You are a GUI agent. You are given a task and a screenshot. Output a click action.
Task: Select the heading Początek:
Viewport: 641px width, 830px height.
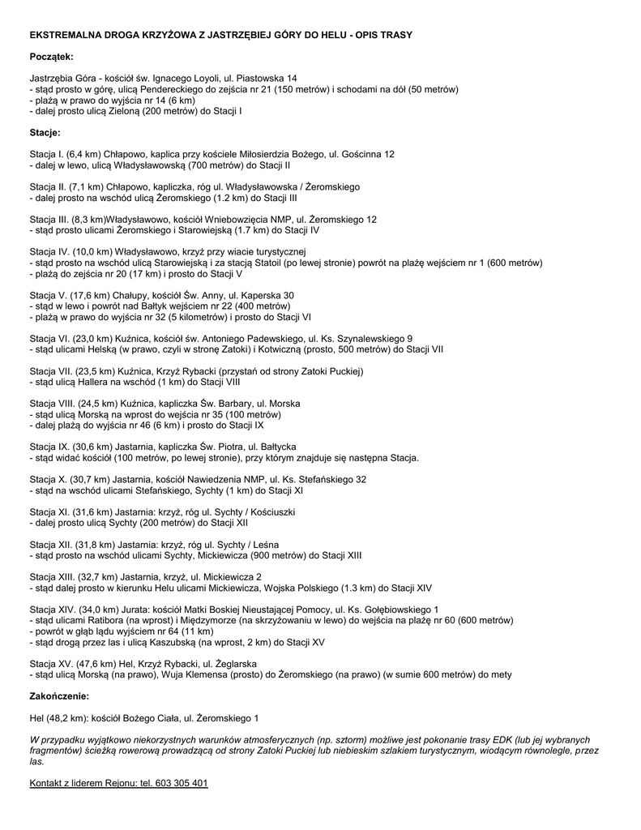51,57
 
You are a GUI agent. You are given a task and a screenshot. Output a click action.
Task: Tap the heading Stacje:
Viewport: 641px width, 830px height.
45,132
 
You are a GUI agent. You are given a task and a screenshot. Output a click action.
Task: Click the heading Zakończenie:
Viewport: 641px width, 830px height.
59,696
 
